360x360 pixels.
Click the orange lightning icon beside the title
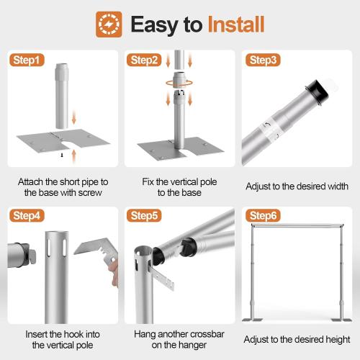109,24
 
